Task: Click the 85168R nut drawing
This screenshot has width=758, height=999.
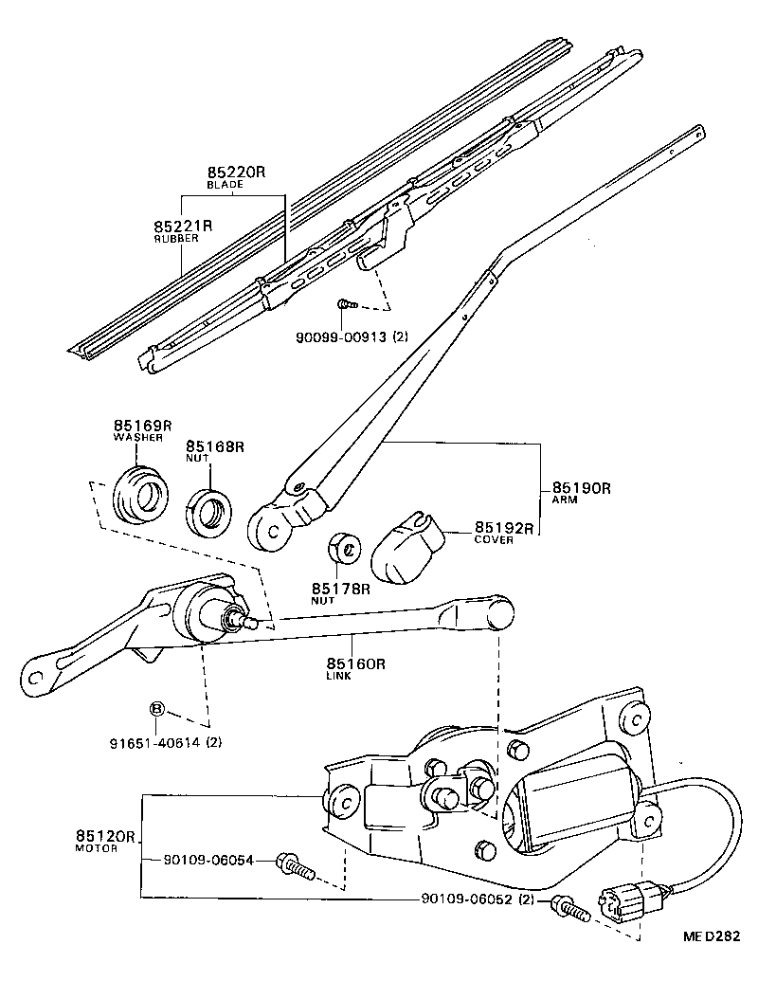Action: point(208,513)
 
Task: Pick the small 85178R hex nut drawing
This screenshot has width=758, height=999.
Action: point(343,549)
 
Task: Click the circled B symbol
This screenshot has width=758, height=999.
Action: point(157,709)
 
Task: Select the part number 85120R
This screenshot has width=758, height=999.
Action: point(106,837)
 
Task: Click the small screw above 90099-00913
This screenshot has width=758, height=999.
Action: point(346,304)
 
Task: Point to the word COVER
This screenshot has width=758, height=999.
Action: point(494,539)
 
